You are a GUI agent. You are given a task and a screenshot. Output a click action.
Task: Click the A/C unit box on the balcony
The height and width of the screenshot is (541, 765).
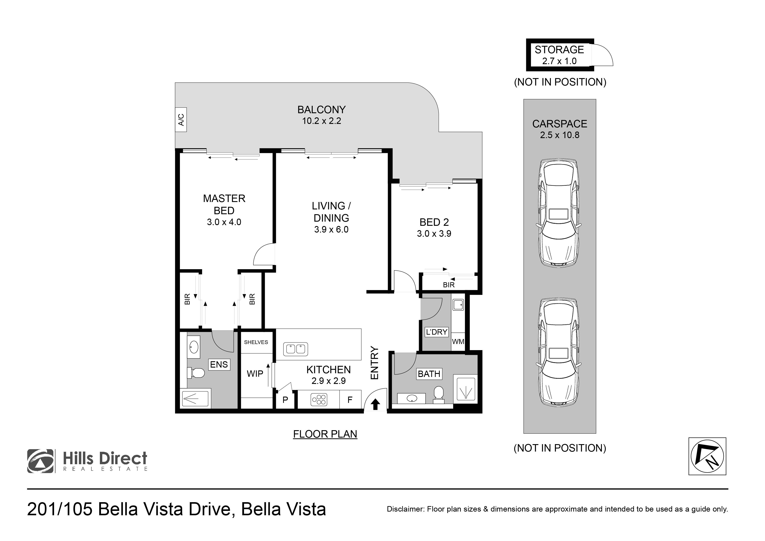pos(181,120)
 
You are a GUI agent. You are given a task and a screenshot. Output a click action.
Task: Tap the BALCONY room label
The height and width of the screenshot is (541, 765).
pos(321,110)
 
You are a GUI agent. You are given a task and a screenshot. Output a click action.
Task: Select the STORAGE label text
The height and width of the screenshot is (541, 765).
pos(559,50)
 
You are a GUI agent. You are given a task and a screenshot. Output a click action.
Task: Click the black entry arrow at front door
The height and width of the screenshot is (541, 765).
pos(376,404)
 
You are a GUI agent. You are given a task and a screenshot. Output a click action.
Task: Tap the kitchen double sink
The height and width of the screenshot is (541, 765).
pos(295,349)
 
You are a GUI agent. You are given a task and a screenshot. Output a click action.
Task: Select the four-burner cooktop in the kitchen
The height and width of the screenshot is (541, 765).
pos(319,400)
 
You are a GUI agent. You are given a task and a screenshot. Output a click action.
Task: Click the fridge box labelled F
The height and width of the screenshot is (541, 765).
pos(350,400)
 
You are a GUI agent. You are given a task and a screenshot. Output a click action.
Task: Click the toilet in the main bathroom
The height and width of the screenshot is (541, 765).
pos(439,394)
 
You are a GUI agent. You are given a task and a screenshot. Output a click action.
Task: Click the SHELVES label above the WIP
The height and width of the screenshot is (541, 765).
pos(256,342)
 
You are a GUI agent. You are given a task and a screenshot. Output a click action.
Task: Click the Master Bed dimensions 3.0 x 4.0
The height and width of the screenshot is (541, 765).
pos(224,222)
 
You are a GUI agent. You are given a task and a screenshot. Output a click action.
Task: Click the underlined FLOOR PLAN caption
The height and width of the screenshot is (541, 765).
pos(325,434)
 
